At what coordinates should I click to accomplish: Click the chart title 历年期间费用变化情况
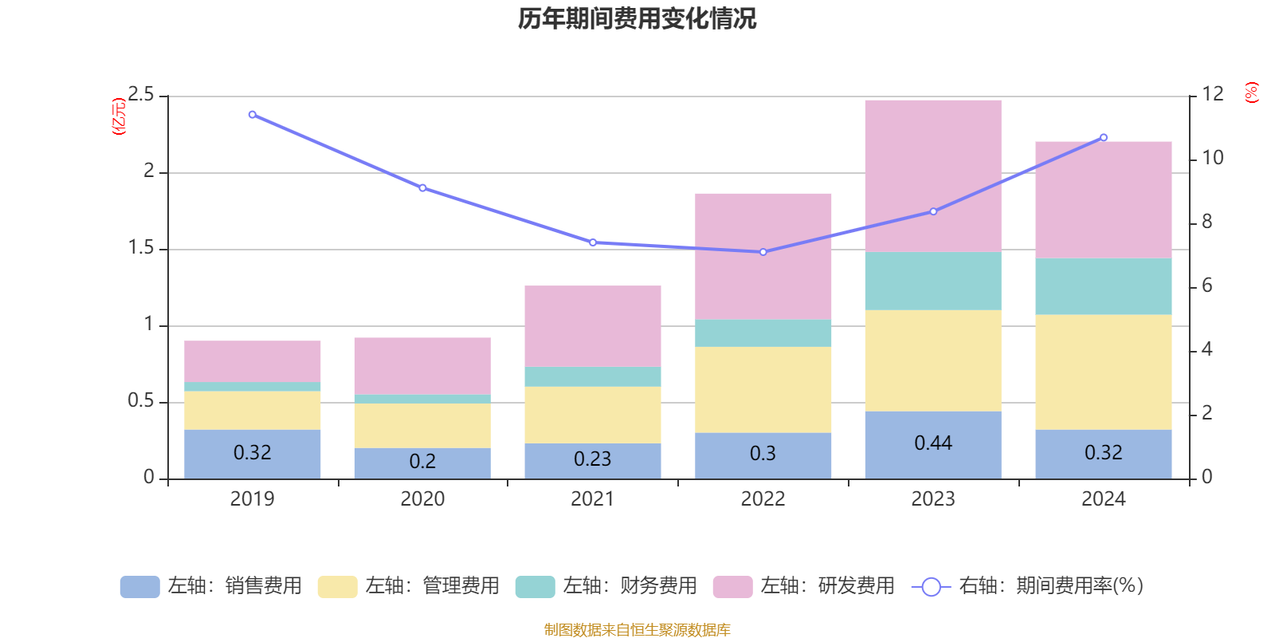637,18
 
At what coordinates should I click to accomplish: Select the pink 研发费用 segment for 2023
932,175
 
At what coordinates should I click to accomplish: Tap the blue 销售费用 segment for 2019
252,454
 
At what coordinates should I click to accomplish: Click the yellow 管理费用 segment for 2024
1103,372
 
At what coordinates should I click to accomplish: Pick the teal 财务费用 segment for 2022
763,333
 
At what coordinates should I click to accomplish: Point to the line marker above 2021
592,242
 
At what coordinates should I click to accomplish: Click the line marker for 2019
253,115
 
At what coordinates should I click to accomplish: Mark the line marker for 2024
1104,138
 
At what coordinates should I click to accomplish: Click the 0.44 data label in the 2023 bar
932,443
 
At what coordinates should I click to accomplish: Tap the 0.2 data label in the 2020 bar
422,462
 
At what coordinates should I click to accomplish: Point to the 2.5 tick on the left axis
141,95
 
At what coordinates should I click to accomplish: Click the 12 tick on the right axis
1213,94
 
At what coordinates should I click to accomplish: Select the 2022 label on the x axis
763,499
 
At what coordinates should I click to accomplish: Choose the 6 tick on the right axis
1206,286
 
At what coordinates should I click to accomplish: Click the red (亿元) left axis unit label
119,116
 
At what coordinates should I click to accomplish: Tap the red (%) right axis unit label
1251,93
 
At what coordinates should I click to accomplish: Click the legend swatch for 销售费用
139,587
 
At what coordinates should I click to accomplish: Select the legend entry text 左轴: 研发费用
826,586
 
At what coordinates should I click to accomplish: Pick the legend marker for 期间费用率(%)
931,587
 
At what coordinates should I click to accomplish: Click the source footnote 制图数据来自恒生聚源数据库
637,630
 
